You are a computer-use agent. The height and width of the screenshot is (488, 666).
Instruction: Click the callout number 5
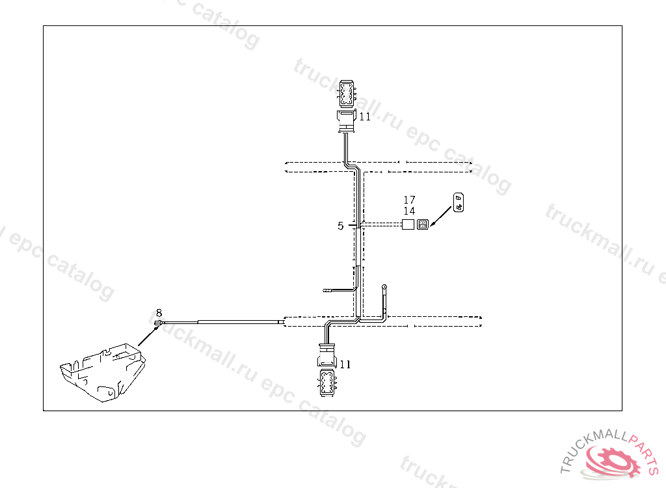coord(340,226)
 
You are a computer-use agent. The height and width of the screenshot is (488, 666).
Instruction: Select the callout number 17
coord(409,200)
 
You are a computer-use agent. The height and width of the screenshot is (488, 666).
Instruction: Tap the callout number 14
coord(409,211)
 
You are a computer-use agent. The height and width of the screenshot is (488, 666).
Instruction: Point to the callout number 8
coord(159,313)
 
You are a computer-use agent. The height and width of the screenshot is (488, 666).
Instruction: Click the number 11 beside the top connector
coord(365,117)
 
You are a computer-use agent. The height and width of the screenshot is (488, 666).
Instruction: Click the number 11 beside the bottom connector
coord(345,364)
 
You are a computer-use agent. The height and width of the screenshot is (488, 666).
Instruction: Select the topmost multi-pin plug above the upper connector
coord(346,94)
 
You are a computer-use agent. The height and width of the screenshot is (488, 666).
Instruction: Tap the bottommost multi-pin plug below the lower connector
coord(326,383)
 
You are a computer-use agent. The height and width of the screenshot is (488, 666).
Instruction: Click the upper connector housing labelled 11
coord(346,121)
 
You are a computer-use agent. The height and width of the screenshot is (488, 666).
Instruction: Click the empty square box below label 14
coord(408,224)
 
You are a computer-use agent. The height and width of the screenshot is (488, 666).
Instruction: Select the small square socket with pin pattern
coord(423,224)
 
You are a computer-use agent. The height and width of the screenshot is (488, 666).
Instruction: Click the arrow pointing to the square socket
coord(440,215)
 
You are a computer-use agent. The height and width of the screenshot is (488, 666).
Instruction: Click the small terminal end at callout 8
coord(158,322)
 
